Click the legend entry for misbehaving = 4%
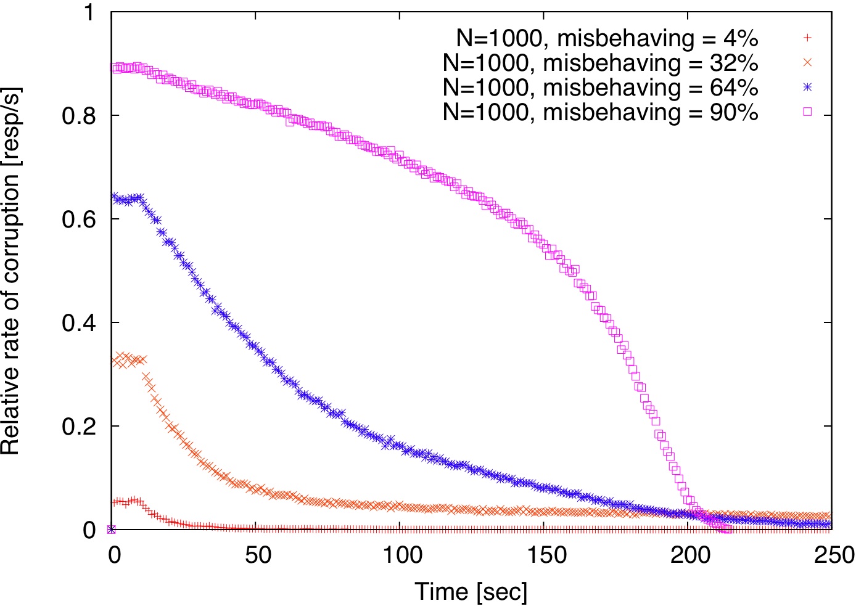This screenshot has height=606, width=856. (x=607, y=38)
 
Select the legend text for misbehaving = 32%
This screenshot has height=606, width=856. (x=600, y=63)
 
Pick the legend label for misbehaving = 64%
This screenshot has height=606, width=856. (x=600, y=88)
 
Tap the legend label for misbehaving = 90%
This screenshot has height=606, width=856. (x=600, y=112)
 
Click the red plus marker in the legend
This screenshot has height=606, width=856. (x=807, y=38)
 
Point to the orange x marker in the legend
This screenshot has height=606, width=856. (x=807, y=62)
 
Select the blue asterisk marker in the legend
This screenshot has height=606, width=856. (x=807, y=87)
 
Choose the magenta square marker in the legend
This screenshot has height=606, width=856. (x=807, y=112)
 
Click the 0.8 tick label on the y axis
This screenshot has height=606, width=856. (x=78, y=115)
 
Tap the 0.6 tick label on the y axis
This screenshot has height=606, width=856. (x=78, y=219)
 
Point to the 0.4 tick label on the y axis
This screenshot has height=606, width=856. (x=78, y=322)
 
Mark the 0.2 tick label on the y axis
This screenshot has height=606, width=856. (x=78, y=426)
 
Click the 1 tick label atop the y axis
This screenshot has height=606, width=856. (x=89, y=12)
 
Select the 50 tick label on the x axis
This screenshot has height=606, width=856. (x=258, y=555)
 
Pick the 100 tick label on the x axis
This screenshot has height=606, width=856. (x=401, y=555)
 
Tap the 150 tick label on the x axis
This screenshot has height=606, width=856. (x=546, y=555)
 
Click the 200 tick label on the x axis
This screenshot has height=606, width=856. (x=690, y=555)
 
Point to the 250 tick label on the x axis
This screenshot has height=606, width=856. (x=833, y=555)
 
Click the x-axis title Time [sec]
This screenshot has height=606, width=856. (x=471, y=592)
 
